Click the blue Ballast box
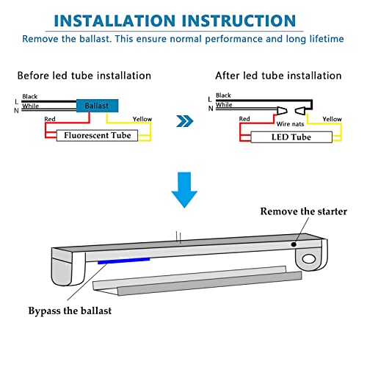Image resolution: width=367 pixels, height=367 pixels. (98, 106)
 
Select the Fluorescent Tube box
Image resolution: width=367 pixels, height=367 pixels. (97, 135)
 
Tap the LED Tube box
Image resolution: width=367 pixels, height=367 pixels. (291, 137)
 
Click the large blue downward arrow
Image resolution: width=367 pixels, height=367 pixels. (184, 190)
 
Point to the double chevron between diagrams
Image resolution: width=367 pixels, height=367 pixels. (185, 121)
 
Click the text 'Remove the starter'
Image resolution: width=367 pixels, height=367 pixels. (303, 211)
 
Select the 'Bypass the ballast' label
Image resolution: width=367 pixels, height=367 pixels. (70, 311)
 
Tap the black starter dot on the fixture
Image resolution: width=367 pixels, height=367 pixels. (294, 244)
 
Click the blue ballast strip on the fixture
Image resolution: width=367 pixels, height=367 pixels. (124, 261)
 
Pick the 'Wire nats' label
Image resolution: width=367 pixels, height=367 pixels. (290, 124)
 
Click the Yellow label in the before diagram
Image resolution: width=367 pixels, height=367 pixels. (142, 119)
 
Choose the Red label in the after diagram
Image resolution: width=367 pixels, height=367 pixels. (244, 119)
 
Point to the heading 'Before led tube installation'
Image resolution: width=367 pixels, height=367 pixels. (84, 76)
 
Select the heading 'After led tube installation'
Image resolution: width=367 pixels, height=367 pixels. (278, 76)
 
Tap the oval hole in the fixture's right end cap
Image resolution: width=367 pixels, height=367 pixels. (309, 259)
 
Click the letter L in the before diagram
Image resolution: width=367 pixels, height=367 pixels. (17, 101)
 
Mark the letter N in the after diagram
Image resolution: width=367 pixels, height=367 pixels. (211, 109)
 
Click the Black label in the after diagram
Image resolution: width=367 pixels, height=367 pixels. (223, 95)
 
